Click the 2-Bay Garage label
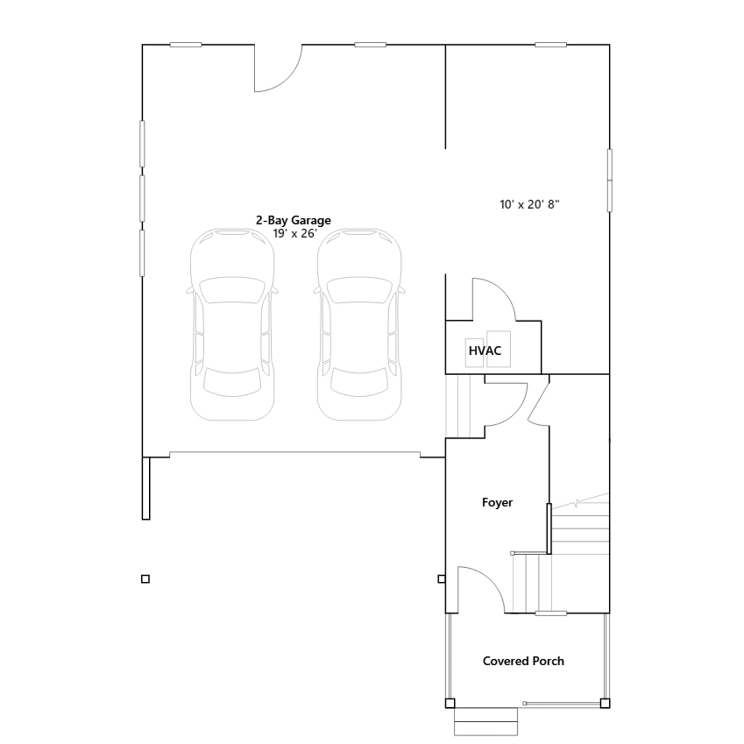293,220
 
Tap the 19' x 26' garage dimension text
295,233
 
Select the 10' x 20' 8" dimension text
530,204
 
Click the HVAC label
485,351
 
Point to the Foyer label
497,502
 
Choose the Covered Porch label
523,661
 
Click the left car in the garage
232,324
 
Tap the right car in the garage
359,324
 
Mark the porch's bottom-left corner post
450,703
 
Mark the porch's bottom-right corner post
605,703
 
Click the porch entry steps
486,722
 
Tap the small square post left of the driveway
146,579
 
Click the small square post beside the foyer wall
441,579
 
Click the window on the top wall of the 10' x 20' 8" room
551,45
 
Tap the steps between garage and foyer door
458,405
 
